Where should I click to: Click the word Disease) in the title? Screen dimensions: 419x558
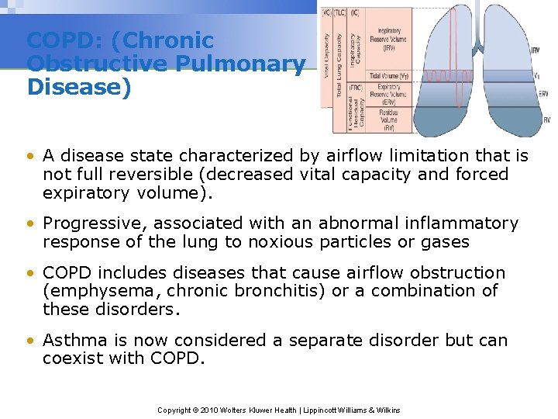coord(79,86)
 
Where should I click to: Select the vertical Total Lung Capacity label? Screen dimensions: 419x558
coord(339,74)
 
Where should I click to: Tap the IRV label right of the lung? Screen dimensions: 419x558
coord(536,50)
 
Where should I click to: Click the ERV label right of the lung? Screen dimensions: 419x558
coord(543,95)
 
